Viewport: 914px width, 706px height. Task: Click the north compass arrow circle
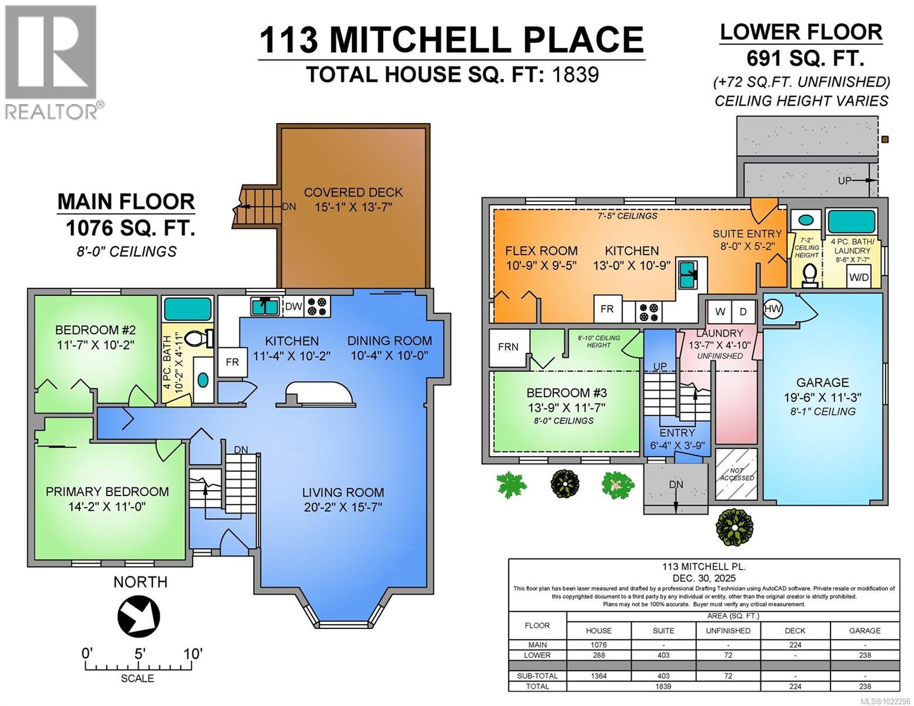click(139, 615)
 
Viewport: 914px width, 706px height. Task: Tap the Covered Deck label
click(353, 192)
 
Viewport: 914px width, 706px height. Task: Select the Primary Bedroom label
click(107, 492)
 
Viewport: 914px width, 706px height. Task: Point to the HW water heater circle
click(773, 309)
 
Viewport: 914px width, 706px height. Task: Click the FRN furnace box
click(508, 347)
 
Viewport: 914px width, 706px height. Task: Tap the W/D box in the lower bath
click(858, 277)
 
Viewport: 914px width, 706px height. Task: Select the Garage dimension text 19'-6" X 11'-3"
click(823, 398)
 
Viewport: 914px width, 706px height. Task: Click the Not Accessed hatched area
click(737, 474)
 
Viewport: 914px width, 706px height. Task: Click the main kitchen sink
click(264, 306)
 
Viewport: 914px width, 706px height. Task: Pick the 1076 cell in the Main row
click(598, 645)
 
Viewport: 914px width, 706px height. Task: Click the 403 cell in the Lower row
click(663, 655)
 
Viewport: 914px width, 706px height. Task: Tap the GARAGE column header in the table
click(864, 630)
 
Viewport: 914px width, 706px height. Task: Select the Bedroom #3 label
click(566, 393)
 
